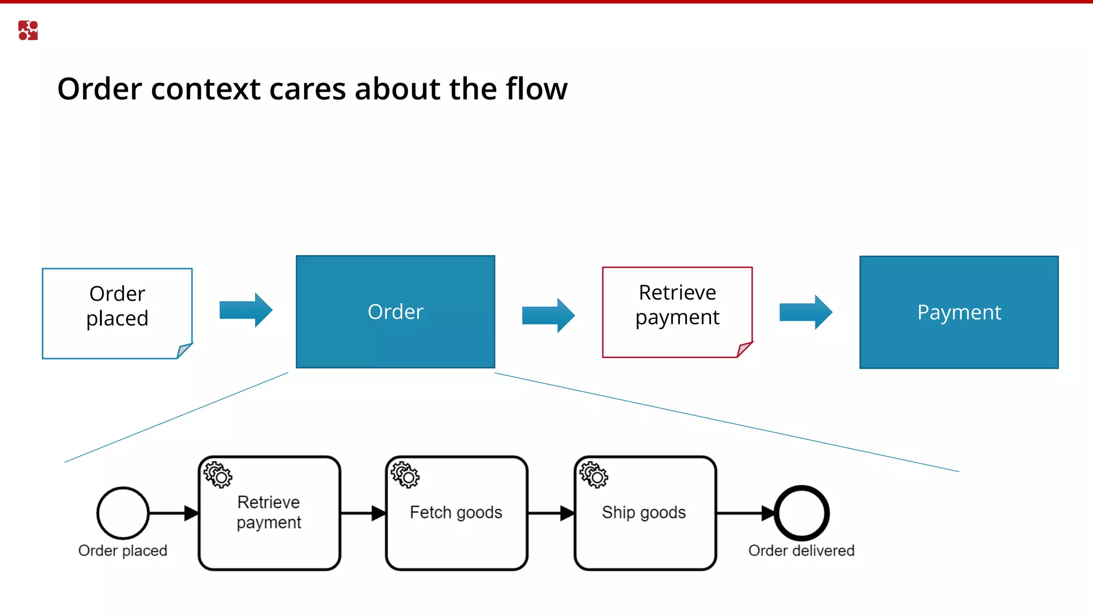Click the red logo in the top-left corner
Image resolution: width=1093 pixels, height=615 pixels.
tap(28, 30)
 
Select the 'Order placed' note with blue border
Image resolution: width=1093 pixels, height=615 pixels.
tap(117, 313)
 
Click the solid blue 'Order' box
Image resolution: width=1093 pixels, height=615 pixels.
tap(395, 312)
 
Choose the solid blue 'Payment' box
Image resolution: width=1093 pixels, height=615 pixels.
tap(959, 312)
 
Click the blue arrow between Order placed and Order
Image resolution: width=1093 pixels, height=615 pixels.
tap(246, 310)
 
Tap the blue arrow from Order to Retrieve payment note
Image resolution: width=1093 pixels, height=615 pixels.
tap(548, 316)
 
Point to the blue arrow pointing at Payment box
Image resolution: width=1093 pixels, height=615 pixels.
tap(805, 312)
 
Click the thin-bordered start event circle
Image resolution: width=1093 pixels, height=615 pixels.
tap(123, 513)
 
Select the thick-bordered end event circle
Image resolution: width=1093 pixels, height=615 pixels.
tap(801, 513)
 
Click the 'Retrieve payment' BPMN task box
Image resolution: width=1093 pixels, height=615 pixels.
tap(269, 513)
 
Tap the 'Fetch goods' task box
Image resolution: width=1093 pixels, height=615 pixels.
tap(456, 513)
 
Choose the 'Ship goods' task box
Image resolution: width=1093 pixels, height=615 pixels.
tap(645, 513)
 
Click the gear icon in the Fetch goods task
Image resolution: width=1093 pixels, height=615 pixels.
tap(405, 475)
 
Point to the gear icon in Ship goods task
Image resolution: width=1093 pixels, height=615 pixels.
tap(593, 475)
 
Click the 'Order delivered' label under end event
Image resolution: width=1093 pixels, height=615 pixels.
tap(801, 550)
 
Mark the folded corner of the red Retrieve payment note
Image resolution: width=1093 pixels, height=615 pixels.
tap(744, 350)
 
